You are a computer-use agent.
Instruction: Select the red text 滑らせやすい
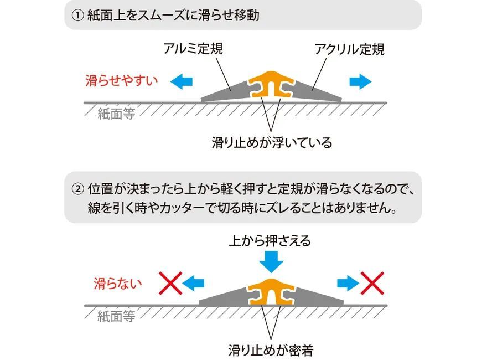click(x=121, y=81)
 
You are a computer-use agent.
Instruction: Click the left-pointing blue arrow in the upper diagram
click(x=181, y=81)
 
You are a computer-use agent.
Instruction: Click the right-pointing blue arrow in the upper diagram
click(x=361, y=81)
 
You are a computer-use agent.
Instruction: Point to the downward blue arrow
click(x=271, y=260)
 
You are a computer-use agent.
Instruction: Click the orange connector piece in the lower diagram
click(x=271, y=290)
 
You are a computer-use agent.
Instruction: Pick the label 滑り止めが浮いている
click(x=272, y=143)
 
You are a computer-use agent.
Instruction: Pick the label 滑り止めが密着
click(x=271, y=350)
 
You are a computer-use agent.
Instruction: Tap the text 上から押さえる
click(x=271, y=241)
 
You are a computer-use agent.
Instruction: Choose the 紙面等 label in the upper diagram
click(x=116, y=114)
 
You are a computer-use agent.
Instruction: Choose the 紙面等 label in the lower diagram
click(x=116, y=317)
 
